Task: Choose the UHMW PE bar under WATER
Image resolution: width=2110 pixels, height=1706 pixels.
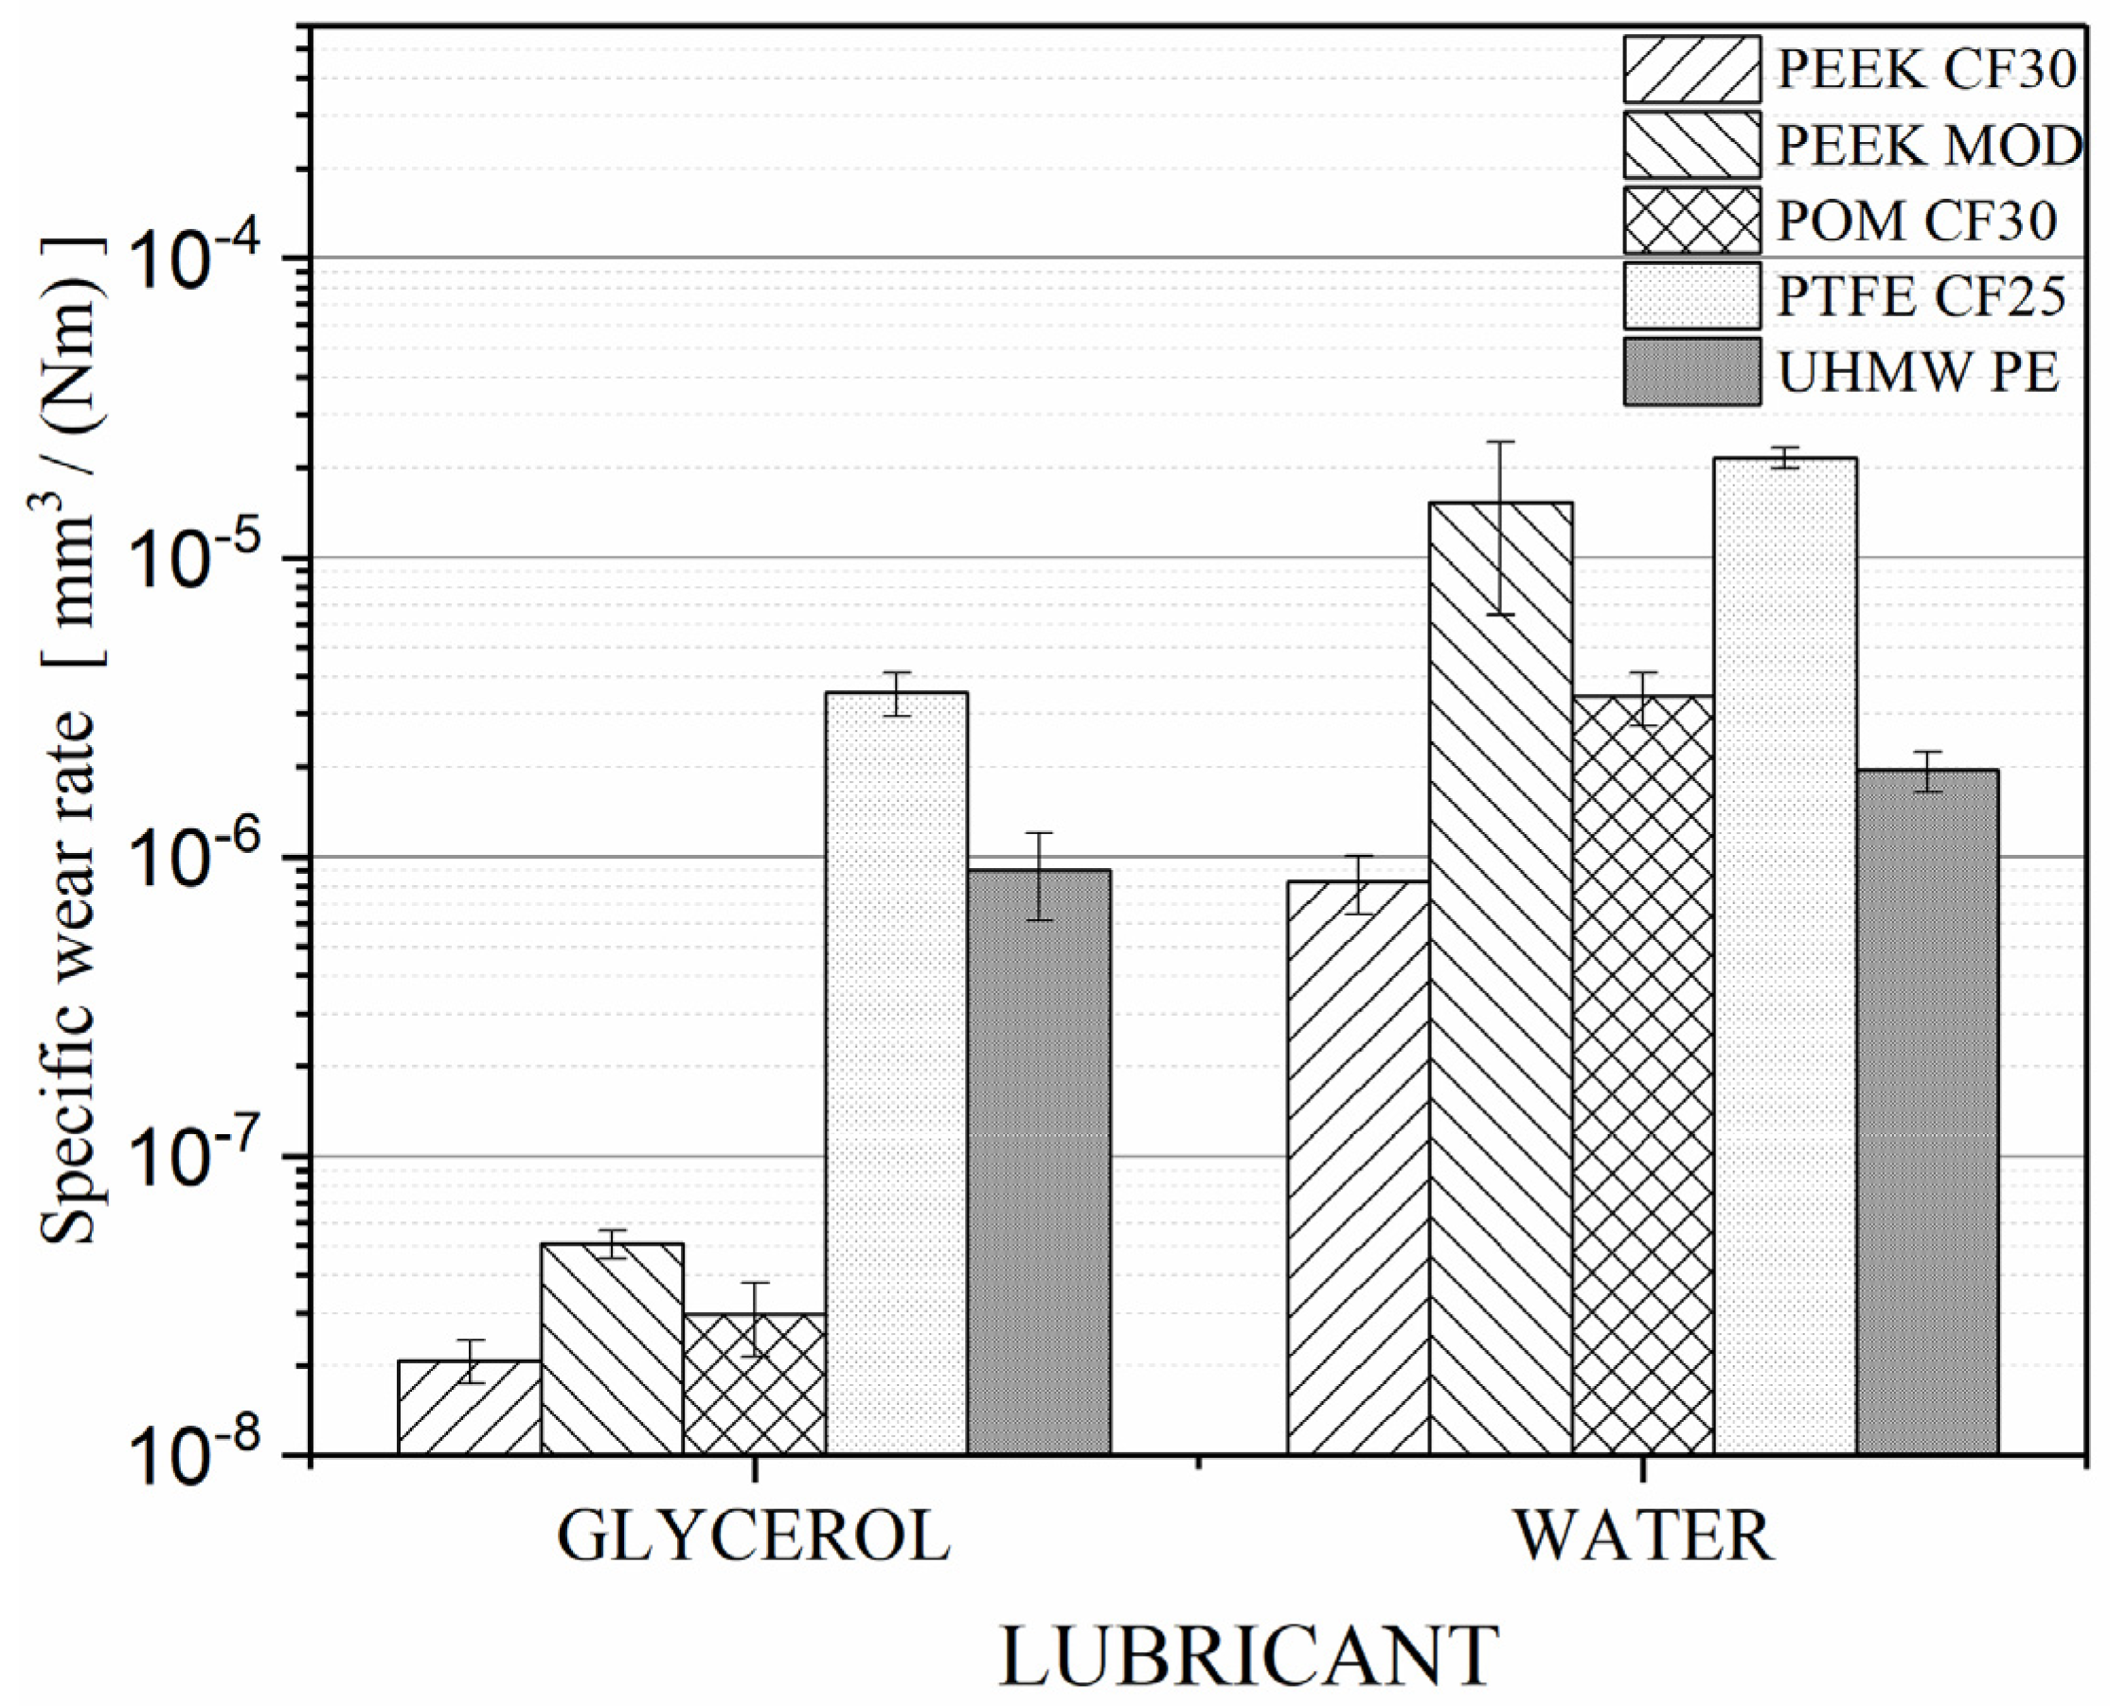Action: coord(1927,1111)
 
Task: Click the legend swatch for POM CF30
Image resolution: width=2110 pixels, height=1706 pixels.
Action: coord(1691,221)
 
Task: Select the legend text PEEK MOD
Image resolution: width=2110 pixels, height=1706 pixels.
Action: coord(1929,146)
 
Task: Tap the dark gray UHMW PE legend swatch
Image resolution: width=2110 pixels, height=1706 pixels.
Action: coord(1691,371)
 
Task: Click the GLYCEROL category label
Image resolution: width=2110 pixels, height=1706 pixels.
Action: coord(754,1537)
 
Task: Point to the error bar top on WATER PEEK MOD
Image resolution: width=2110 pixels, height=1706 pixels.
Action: coord(1500,441)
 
